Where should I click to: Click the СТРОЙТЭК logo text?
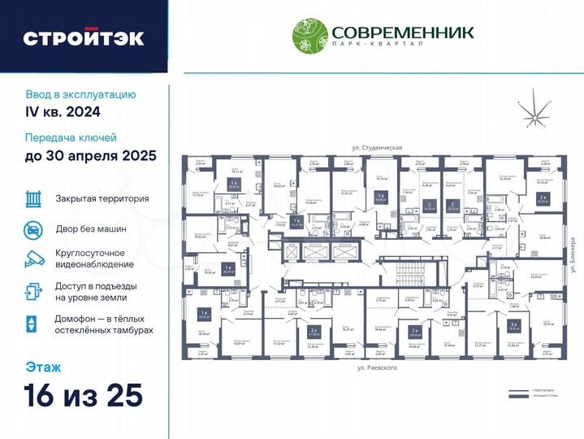[84, 37]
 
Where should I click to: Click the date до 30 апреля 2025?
[91, 155]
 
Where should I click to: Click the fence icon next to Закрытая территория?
[33, 198]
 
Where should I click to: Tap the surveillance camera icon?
[33, 258]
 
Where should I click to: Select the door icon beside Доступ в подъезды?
[33, 291]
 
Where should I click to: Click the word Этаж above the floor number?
[42, 367]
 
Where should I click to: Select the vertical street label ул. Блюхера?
[572, 254]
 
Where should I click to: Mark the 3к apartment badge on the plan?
[513, 324]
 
